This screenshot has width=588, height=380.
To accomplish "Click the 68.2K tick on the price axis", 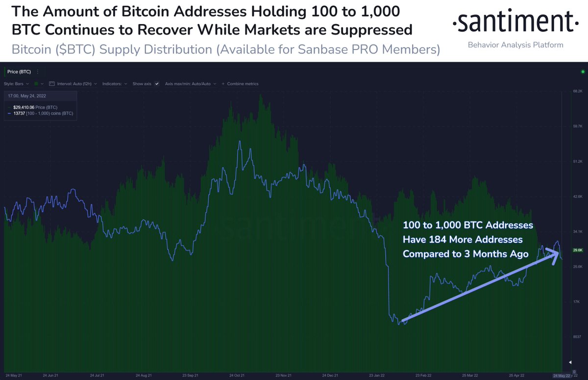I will [577, 91].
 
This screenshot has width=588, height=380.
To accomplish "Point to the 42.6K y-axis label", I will [577, 196].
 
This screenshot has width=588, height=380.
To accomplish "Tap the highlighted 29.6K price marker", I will [578, 250].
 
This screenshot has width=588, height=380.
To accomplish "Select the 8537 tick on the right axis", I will [577, 337].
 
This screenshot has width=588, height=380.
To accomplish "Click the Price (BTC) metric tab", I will [19, 72].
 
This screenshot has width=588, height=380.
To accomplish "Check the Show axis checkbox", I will [157, 84].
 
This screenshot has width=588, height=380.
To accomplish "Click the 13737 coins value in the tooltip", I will [19, 113].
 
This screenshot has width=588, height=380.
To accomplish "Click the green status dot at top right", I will [583, 72].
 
